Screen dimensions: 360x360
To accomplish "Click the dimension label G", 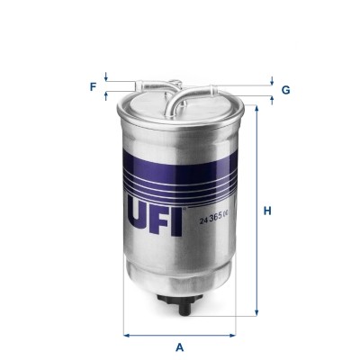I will pyautogui.click(x=285, y=90).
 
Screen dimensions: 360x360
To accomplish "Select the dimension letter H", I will pyautogui.click(x=267, y=211).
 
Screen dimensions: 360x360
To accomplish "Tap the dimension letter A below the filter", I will pyautogui.click(x=180, y=346).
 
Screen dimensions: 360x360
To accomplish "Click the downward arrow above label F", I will pyautogui.click(x=107, y=78).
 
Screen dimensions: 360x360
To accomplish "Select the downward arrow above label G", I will pyautogui.click(x=271, y=83).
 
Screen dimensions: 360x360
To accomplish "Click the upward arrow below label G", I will pyautogui.click(x=271, y=98).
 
